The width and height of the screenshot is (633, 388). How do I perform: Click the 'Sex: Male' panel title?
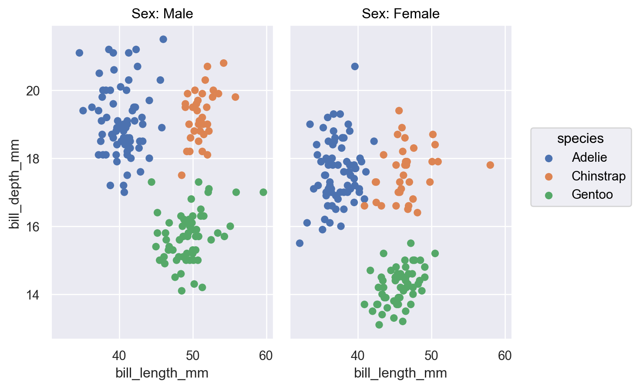162,14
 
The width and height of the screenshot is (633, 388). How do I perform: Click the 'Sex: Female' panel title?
401,14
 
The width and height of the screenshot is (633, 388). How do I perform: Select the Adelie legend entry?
589,157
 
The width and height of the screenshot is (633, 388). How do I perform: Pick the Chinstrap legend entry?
598,176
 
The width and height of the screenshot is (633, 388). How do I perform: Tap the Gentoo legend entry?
592,194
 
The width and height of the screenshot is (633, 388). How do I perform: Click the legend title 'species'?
580,139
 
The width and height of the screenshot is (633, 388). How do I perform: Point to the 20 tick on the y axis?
33,91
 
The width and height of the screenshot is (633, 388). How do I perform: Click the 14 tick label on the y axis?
33,295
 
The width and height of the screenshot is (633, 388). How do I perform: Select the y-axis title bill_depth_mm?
14,184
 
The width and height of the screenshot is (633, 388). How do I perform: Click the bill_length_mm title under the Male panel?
162,373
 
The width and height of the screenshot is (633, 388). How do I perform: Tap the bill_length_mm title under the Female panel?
401,373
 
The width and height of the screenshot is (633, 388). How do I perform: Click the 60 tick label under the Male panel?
266,356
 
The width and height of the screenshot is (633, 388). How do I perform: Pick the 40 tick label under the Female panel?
358,356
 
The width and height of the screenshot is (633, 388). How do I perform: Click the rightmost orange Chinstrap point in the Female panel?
490,165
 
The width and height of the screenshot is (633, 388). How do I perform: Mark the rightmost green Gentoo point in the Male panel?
263,192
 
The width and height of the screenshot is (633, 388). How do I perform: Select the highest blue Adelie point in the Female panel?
355,66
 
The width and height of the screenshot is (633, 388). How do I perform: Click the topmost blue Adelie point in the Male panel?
163,39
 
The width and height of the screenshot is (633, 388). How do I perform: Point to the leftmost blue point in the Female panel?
300,243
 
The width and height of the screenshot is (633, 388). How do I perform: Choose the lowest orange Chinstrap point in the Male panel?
182,175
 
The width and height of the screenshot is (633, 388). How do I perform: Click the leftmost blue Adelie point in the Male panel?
79,53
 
